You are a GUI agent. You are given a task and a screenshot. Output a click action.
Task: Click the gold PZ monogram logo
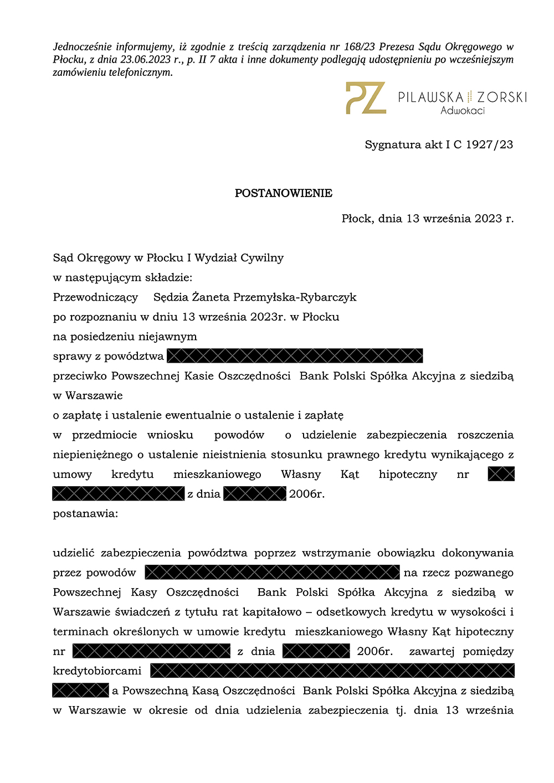pyautogui.click(x=366, y=98)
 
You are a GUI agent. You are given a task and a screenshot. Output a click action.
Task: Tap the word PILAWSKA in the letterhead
pyautogui.click(x=430, y=97)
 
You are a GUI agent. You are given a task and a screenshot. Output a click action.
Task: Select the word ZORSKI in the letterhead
pyautogui.click(x=502, y=97)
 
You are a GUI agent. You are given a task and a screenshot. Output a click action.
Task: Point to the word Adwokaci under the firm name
pyautogui.click(x=463, y=111)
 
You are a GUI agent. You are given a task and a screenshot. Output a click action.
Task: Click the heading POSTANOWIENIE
pyautogui.click(x=283, y=193)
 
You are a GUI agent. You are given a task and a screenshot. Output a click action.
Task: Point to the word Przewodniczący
pyautogui.click(x=95, y=297)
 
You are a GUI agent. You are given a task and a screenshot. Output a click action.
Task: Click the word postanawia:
pyautogui.click(x=85, y=513)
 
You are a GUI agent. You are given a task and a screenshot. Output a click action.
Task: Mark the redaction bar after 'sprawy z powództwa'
pyautogui.click(x=295, y=356)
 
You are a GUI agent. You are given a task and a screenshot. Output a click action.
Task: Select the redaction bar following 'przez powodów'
pyautogui.click(x=272, y=573)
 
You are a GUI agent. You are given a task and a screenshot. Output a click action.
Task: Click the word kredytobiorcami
pyautogui.click(x=97, y=671)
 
